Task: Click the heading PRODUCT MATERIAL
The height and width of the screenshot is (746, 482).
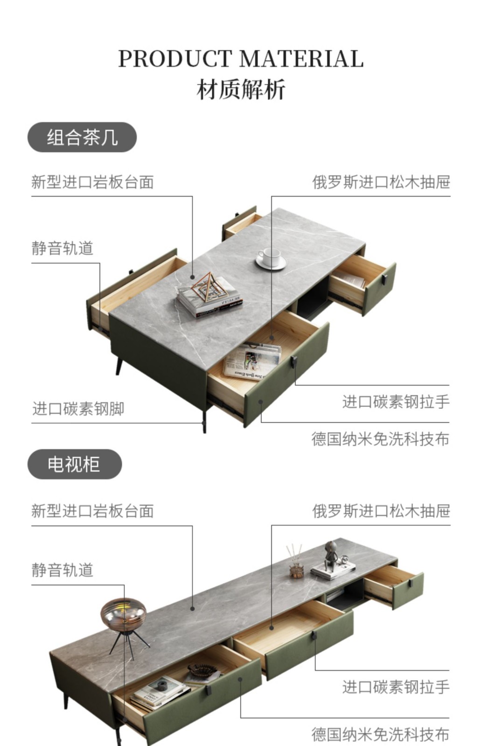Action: click(241, 59)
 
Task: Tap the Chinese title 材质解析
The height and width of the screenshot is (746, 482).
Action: click(241, 89)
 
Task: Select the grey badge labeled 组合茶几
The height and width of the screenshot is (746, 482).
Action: click(82, 138)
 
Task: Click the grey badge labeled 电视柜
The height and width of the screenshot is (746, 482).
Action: click(74, 464)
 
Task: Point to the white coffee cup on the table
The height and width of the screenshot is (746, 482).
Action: click(270, 258)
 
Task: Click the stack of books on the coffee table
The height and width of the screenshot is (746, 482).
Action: click(210, 298)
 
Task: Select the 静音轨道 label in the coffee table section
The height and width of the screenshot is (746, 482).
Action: click(63, 248)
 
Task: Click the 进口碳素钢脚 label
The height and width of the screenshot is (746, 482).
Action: click(78, 409)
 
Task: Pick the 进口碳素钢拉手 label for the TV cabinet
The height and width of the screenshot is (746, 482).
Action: click(396, 687)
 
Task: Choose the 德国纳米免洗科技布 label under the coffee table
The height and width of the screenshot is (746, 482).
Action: click(380, 439)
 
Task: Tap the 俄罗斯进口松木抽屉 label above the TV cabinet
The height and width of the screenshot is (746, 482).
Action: click(381, 511)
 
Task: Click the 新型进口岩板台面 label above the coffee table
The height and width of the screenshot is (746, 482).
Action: click(92, 182)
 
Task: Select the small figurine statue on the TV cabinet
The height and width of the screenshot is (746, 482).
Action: click(331, 555)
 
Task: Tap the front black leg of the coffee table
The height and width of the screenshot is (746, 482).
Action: click(204, 420)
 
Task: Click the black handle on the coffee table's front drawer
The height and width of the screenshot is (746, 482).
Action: click(294, 362)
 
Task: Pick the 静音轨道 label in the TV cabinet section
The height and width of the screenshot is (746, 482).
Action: click(63, 570)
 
